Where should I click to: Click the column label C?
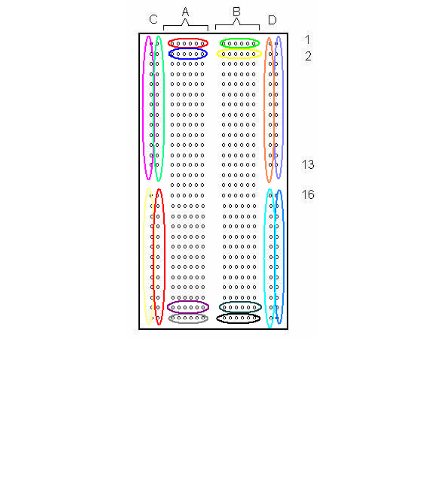click(154, 19)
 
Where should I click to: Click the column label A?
click(185, 13)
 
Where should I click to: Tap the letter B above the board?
click(237, 13)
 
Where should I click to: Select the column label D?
click(272, 20)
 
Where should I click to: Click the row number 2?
click(309, 56)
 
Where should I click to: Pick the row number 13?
click(308, 165)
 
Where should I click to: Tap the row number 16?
click(308, 195)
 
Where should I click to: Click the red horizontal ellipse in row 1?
click(188, 43)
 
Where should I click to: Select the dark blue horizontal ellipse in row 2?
click(188, 54)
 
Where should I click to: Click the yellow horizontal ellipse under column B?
click(239, 54)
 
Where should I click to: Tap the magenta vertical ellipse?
click(148, 108)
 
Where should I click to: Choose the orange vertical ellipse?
click(269, 110)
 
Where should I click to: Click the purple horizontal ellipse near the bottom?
click(188, 307)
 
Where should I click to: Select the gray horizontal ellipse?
click(188, 319)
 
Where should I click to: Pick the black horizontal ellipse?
click(238, 318)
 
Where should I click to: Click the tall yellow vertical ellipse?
click(149, 256)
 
